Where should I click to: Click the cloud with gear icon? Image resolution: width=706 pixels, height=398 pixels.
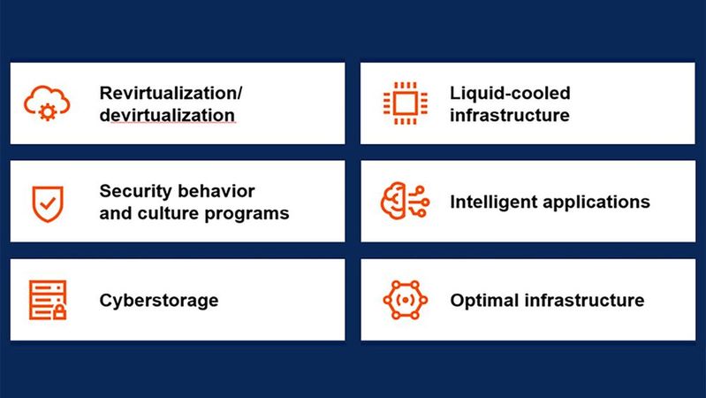[42, 103]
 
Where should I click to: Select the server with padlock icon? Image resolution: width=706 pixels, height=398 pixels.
[45, 300]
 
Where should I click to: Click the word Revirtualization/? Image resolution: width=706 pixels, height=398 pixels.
[171, 93]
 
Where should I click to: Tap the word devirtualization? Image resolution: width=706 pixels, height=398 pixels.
[167, 115]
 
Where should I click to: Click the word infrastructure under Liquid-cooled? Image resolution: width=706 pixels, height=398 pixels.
[510, 115]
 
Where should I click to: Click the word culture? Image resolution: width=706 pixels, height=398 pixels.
[166, 213]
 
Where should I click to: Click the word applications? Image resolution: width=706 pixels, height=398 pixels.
[596, 203]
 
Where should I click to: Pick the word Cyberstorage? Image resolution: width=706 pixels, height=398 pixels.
[159, 301]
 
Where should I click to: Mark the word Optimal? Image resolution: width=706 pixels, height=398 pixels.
[482, 301]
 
